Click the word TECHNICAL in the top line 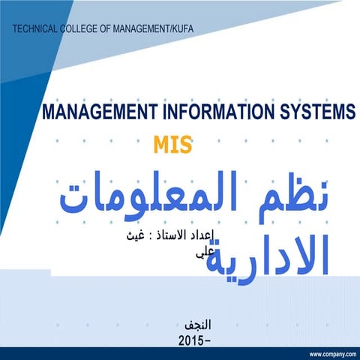(38, 28)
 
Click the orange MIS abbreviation (172, 143)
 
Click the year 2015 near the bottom (192, 340)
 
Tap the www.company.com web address (331, 353)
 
